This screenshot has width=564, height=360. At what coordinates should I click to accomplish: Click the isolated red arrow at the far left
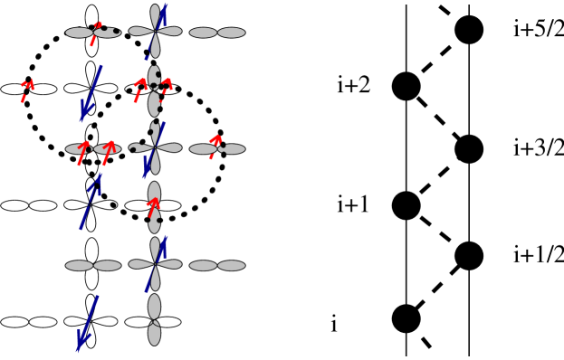pos(27,90)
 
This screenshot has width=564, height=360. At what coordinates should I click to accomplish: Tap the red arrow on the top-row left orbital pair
pos(95,33)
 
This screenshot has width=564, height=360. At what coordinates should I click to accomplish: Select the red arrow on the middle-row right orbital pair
pos(215,146)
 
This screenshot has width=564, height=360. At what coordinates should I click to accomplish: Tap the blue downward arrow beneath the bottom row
pos(88,323)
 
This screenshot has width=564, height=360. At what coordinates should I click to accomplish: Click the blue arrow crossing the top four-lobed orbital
pos(157,31)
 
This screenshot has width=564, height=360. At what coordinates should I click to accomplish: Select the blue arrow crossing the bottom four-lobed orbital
pos(156,263)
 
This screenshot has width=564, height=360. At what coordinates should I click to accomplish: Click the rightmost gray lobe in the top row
pos(231,33)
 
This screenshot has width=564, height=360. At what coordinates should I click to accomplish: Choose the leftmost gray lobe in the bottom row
pos(79,266)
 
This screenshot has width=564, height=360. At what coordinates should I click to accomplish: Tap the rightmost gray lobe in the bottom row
pos(231,266)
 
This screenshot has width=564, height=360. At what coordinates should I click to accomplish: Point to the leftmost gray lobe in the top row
pos(79,33)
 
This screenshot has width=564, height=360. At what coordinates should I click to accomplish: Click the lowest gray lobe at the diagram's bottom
pos(154,334)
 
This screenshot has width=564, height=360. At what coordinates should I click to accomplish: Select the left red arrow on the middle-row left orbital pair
pos(82,152)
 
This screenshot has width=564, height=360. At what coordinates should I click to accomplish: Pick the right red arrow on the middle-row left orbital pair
pos(108,152)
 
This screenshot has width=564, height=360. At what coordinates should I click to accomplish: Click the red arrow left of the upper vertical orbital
pos(139,89)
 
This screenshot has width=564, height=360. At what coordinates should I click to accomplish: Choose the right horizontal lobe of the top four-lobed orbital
pos(169,31)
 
